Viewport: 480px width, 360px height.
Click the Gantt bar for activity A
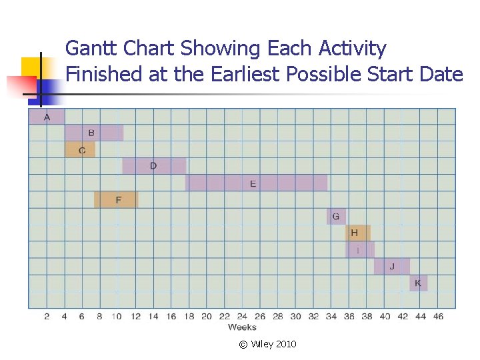(47, 117)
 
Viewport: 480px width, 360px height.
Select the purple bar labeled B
(94, 133)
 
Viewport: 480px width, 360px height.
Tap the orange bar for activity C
(81, 150)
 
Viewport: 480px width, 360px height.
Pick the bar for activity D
(154, 166)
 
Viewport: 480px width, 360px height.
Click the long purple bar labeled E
(256, 183)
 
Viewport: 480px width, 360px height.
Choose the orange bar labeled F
(117, 199)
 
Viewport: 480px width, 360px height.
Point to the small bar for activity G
(337, 217)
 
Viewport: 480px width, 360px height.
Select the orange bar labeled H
(357, 233)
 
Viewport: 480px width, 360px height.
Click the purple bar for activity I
(360, 250)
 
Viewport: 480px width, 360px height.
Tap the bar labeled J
(392, 267)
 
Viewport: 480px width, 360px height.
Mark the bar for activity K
(419, 283)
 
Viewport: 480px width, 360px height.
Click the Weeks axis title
(242, 327)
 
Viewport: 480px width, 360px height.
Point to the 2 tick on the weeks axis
(47, 317)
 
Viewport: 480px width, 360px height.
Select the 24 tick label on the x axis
(242, 317)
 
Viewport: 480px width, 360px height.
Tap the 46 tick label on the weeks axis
(438, 317)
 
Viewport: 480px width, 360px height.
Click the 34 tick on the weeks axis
(331, 317)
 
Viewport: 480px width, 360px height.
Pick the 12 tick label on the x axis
(135, 317)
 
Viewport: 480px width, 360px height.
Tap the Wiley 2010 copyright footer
(268, 344)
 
